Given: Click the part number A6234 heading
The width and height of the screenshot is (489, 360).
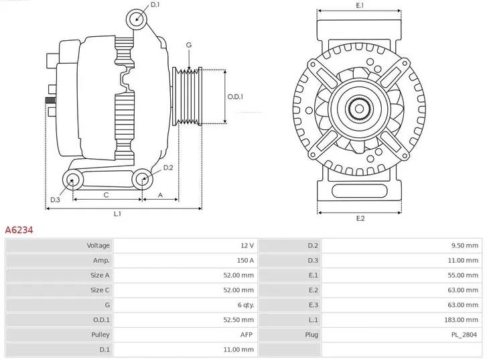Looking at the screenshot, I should click(19, 230).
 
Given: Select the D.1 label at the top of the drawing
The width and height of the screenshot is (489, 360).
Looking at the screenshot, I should click(155, 5).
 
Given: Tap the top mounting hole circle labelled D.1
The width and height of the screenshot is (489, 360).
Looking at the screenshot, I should click(137, 17).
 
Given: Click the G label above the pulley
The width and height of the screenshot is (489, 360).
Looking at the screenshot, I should click(189, 45).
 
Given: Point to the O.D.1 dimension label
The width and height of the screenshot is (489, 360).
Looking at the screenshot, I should click(235, 97).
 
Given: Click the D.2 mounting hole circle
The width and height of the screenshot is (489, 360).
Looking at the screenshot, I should click(141, 178).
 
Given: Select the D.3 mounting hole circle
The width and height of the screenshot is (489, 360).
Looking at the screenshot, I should click(72, 179).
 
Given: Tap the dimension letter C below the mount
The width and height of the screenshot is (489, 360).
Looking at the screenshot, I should click(106, 195).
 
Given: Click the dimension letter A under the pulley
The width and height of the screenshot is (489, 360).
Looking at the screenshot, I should click(160, 195).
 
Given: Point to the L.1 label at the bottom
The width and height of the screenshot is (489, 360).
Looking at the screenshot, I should click(117, 214).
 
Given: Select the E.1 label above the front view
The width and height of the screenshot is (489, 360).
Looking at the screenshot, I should click(360, 6).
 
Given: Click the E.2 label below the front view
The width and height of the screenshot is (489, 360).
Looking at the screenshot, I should click(360, 219).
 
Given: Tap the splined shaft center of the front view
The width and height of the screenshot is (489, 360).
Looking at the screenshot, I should click(360, 107).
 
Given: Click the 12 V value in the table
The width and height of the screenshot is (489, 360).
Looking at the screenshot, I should click(247, 246).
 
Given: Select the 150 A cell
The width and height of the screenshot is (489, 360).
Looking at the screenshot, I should click(246, 261).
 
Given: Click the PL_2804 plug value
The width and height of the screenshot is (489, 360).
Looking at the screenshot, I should click(464, 335).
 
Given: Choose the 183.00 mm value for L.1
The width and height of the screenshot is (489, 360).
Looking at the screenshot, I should click(462, 320).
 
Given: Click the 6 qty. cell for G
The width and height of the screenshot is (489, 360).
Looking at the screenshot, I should click(244, 305).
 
